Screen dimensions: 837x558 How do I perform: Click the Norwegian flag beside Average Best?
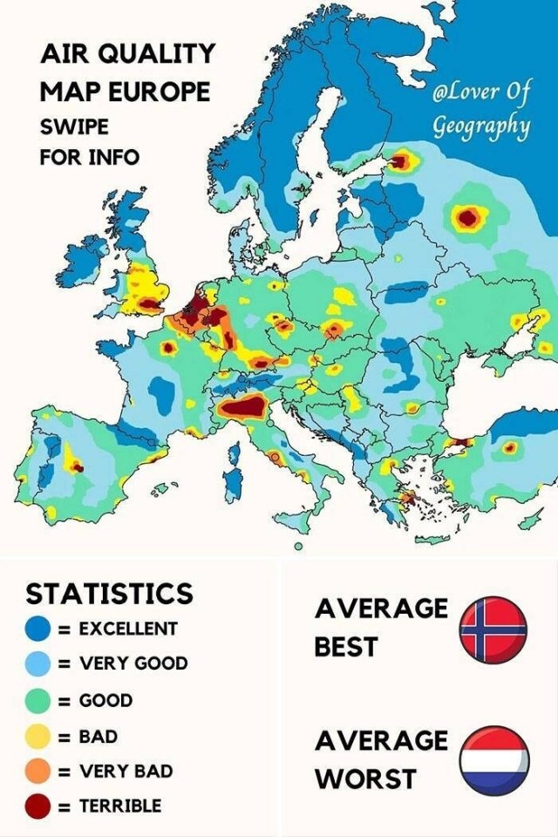coord(493,629)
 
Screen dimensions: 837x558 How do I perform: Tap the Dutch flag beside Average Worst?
coord(493,759)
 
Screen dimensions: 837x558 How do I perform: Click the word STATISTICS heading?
coord(109,594)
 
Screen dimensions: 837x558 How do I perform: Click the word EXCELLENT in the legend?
coord(128,629)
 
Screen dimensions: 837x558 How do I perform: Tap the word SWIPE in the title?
coord(74,126)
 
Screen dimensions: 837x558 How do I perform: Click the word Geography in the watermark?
coord(482,126)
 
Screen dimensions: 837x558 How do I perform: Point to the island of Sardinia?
coord(231,485)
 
